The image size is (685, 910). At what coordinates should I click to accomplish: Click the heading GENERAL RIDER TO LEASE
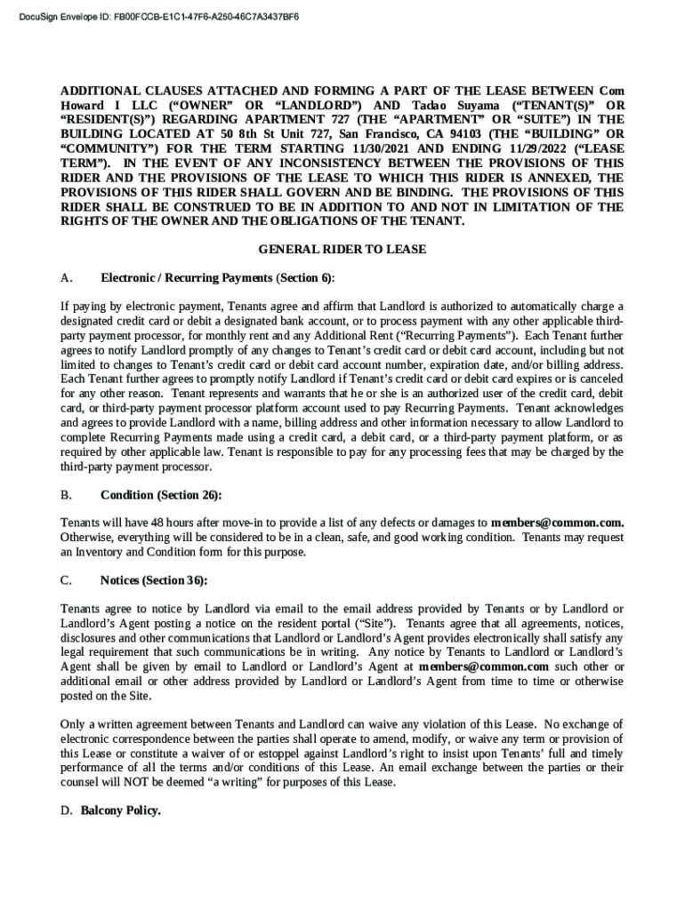[342, 250]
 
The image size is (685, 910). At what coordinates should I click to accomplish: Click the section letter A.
[66, 278]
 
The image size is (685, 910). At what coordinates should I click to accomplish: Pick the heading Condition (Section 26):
[161, 495]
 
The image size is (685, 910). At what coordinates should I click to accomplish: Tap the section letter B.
[66, 495]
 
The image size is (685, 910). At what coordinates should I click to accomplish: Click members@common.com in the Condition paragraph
[557, 523]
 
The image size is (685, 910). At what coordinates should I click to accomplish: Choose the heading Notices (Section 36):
[154, 580]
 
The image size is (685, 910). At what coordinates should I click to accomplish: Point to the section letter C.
[66, 580]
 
